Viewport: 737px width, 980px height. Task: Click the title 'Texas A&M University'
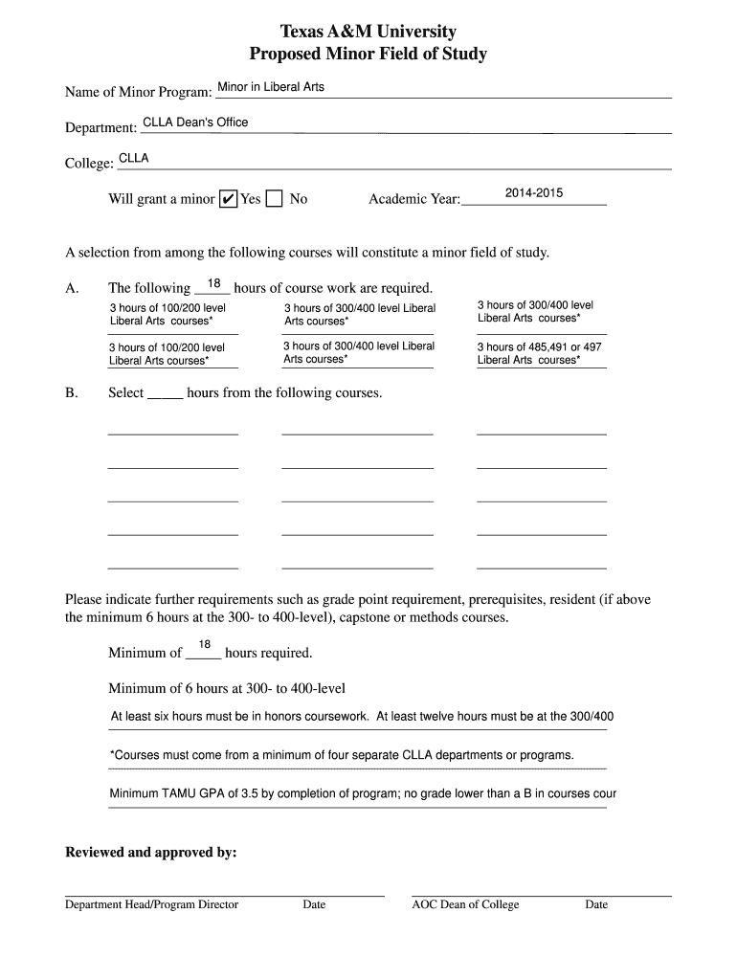[x=368, y=32]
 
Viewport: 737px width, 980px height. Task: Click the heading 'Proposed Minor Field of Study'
[x=368, y=55]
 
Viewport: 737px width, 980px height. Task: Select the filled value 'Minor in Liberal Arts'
[x=271, y=87]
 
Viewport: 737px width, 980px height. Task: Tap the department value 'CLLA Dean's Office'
[x=195, y=122]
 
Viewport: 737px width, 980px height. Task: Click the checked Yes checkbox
[x=228, y=199]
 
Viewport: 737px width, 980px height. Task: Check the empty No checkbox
[x=275, y=199]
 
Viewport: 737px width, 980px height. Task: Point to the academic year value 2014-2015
[x=534, y=193]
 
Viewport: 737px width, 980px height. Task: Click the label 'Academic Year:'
[x=414, y=200]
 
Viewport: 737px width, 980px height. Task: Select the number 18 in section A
[x=214, y=283]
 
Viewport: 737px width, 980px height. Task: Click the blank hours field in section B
[x=165, y=393]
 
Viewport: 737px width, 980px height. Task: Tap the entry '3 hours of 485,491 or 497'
[x=540, y=347]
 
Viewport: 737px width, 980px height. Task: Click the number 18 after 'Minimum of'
[x=204, y=644]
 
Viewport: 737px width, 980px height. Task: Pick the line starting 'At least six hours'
[x=362, y=716]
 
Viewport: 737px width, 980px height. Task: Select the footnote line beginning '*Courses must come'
[x=342, y=755]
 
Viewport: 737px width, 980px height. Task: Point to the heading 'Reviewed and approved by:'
[x=150, y=853]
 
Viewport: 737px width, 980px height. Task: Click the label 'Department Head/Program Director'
[x=151, y=904]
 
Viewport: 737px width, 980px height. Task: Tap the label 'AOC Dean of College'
[x=465, y=904]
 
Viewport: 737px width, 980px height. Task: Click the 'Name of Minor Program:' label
[x=138, y=93]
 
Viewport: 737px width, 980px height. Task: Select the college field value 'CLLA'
[x=133, y=158]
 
